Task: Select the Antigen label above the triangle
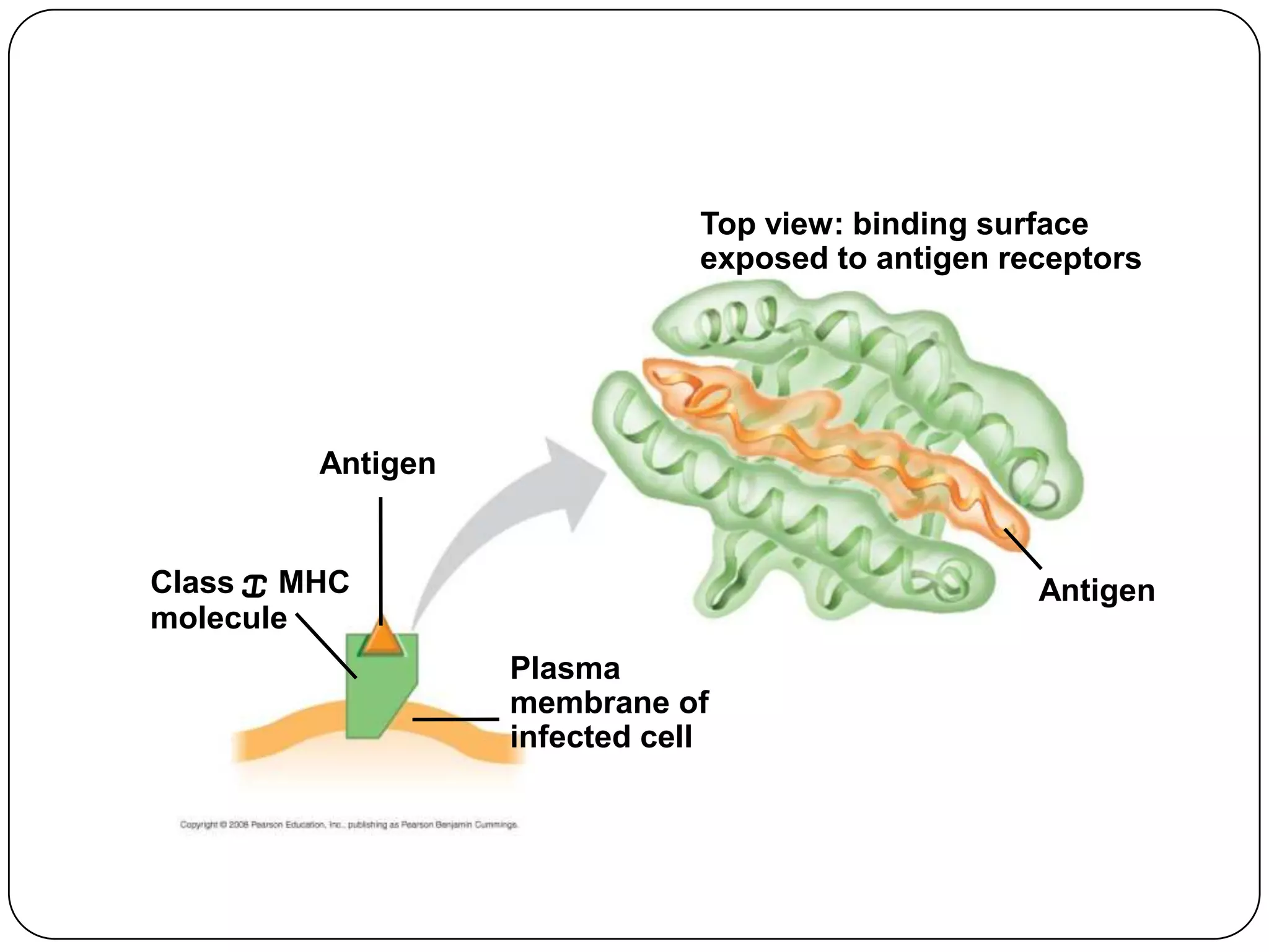point(377,464)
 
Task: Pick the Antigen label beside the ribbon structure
point(1096,591)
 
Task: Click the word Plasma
point(564,669)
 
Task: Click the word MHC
point(314,583)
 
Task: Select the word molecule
point(219,619)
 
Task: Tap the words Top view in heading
point(771,224)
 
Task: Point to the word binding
point(909,224)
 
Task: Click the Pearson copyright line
point(349,825)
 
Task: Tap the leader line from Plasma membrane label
point(455,719)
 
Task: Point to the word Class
point(191,583)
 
